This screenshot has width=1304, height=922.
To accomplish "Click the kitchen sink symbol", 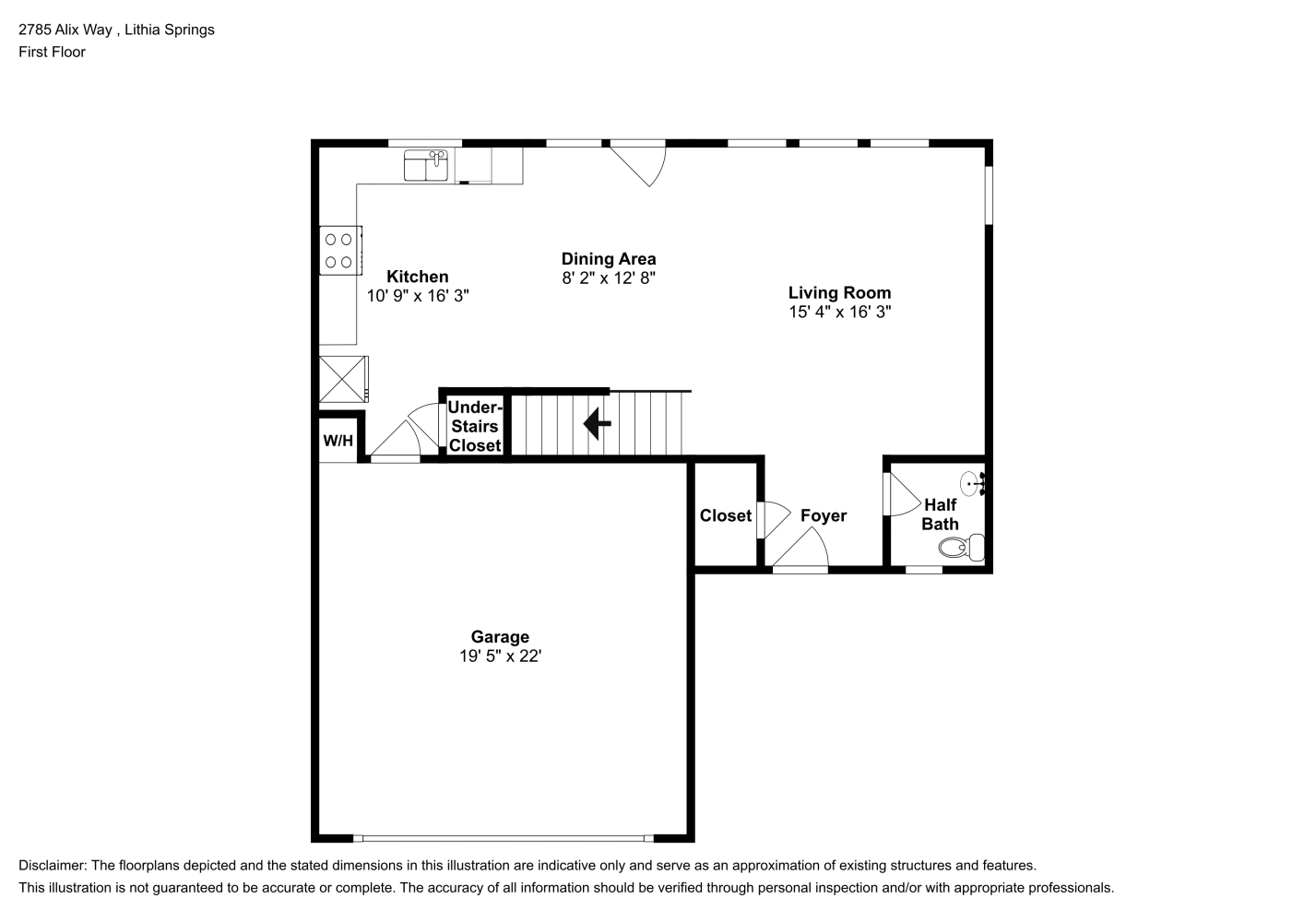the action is pos(426,165).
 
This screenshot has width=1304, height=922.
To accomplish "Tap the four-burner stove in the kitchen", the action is pos(340,250).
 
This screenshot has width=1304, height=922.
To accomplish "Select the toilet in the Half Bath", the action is pos(962,548).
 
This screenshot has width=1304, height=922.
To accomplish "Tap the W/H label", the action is pos(338,441).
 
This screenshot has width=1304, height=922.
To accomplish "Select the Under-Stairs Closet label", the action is pos(475,426).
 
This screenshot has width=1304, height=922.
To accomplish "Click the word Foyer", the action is pos(824,515).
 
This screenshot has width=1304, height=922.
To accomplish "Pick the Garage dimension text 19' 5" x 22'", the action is pos(501,656).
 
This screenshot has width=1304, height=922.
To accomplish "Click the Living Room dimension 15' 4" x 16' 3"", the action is pos(839,312).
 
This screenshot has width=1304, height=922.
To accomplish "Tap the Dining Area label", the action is pos(609,259).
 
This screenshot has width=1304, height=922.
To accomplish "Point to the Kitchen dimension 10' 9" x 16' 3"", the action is pos(418,296).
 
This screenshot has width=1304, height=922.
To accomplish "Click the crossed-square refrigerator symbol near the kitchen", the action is pos(343,379).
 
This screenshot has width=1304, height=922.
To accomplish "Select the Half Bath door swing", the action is pos(902,495).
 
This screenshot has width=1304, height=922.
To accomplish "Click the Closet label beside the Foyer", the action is pos(726,515).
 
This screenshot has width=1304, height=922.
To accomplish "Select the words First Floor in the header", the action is pos(52,52).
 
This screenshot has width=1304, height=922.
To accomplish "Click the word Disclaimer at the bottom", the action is pos(52,866).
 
